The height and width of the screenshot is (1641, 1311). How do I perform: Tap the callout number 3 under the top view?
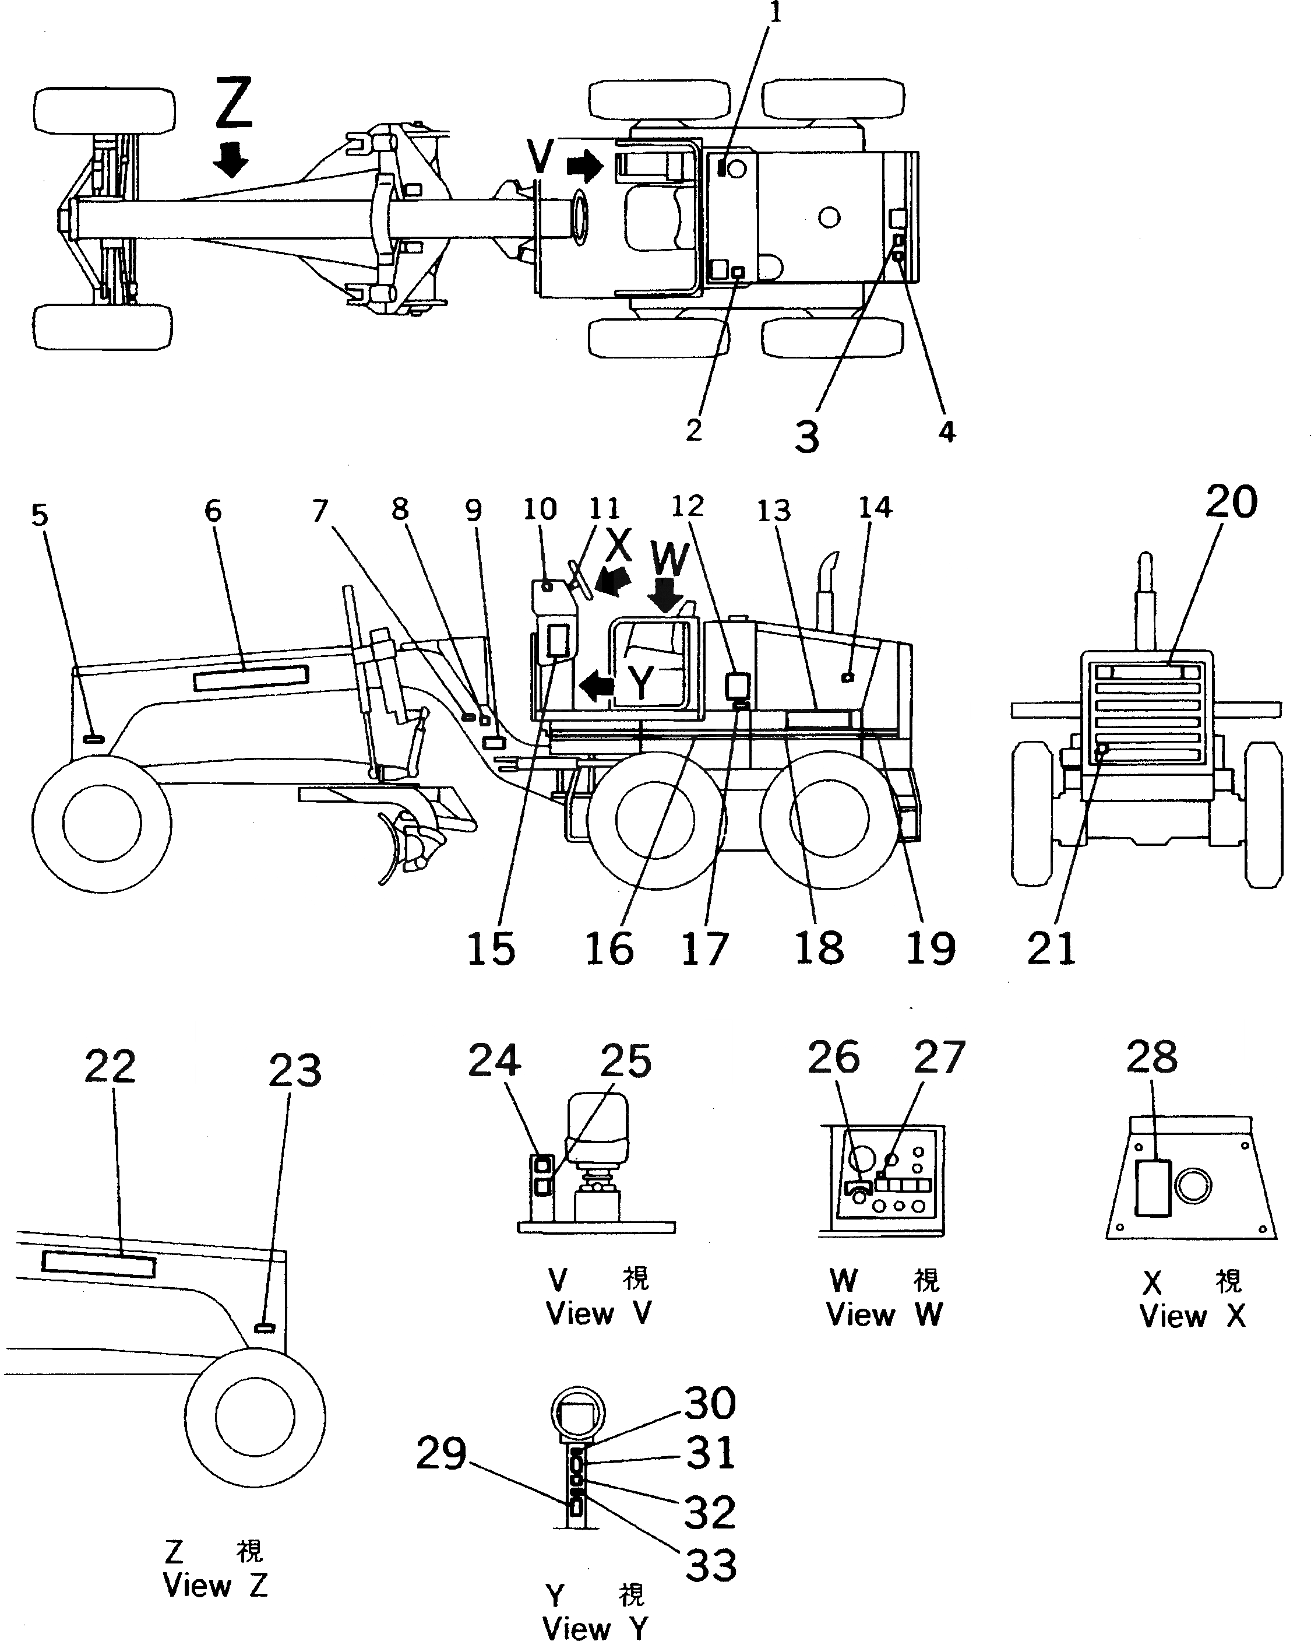pyautogui.click(x=806, y=437)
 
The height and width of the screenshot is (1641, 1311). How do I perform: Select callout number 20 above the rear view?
pyautogui.click(x=1231, y=503)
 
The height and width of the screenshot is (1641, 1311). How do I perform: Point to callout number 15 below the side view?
pyautogui.click(x=491, y=948)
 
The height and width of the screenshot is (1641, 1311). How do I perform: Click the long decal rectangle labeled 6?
pyautogui.click(x=251, y=677)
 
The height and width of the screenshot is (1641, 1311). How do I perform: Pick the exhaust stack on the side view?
pyautogui.click(x=827, y=590)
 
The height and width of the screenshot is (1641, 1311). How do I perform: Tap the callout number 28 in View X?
pyautogui.click(x=1151, y=1057)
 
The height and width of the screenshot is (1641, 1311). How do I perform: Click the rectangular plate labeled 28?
pyautogui.click(x=1153, y=1188)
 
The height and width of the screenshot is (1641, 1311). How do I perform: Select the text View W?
pyautogui.click(x=884, y=1315)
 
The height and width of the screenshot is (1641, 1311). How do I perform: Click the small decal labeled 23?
pyautogui.click(x=264, y=1327)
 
